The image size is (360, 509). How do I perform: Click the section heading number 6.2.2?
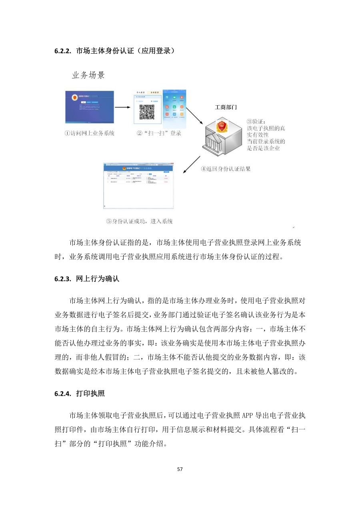coord(62,51)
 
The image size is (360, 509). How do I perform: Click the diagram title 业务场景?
coord(88,75)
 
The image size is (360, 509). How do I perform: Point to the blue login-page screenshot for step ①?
coord(90,107)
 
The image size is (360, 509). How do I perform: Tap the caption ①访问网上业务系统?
coord(90,133)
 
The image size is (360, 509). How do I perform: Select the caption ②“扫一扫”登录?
coord(159,133)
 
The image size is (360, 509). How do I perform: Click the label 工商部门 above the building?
coord(226,107)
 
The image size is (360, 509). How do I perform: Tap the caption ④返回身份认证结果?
coord(226,169)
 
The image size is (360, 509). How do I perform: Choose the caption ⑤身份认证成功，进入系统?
coord(139,221)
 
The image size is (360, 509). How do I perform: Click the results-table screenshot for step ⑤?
coord(139,185)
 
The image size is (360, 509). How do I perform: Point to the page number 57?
coord(180,469)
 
